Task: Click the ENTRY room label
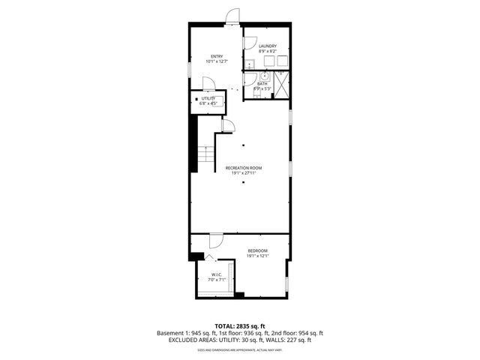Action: [x=217, y=56]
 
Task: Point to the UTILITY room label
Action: [x=208, y=99]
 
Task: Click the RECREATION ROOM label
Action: [x=244, y=168]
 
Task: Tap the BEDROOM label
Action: [x=257, y=250]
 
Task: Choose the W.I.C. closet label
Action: [x=215, y=274]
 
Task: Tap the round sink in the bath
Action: [x=265, y=76]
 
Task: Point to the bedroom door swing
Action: [x=214, y=241]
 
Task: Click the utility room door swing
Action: [x=211, y=85]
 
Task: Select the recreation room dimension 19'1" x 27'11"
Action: [x=244, y=173]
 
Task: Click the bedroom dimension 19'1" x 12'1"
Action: [x=257, y=256]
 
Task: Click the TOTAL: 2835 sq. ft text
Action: [x=239, y=326]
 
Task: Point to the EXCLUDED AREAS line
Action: [x=239, y=340]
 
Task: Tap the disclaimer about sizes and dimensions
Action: [x=239, y=350]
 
